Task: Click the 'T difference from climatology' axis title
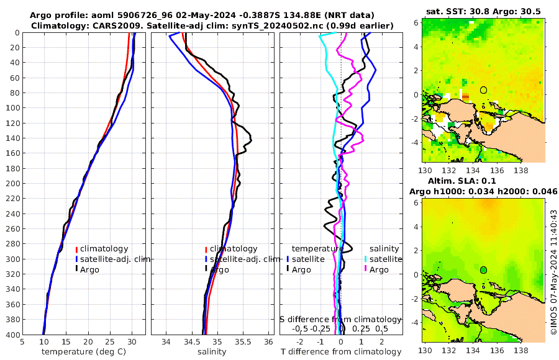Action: [341, 352]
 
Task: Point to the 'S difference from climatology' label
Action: [340, 319]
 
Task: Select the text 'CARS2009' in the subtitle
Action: [111, 25]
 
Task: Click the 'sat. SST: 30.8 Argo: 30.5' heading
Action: [483, 11]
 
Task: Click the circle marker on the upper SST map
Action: [483, 90]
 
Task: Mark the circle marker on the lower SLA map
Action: [483, 269]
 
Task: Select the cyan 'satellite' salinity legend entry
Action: [382, 259]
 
